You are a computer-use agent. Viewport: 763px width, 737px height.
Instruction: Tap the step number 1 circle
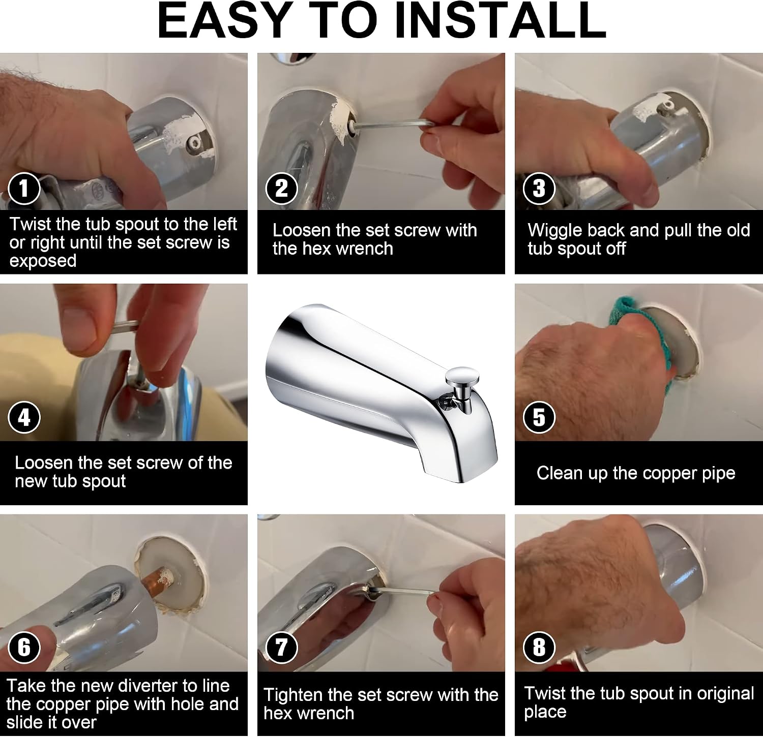pyautogui.click(x=24, y=189)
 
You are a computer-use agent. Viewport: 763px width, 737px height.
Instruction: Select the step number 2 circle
pyautogui.click(x=281, y=189)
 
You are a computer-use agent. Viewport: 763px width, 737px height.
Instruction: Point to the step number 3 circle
pyautogui.click(x=539, y=189)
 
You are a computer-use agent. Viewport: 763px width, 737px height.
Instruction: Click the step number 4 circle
pyautogui.click(x=24, y=418)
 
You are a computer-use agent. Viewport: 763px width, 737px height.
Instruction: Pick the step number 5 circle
pyautogui.click(x=539, y=418)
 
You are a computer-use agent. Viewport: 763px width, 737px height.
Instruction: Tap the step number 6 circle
pyautogui.click(x=24, y=648)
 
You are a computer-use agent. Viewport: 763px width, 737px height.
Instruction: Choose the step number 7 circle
pyautogui.click(x=281, y=648)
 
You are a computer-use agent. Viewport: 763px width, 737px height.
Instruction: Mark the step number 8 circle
pyautogui.click(x=539, y=648)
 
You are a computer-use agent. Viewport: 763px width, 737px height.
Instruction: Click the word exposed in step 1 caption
pyautogui.click(x=43, y=261)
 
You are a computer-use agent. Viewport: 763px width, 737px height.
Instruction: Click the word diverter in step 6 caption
pyautogui.click(x=166, y=686)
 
